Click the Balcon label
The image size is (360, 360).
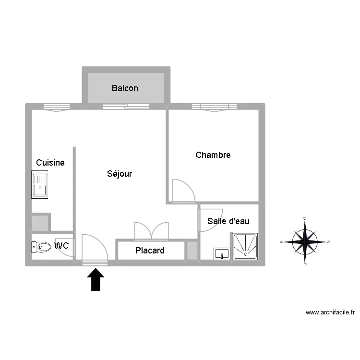tap(125, 88)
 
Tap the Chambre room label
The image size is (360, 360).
tap(213, 155)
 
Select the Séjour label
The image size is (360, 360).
tap(120, 174)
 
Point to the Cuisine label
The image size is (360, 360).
tap(50, 163)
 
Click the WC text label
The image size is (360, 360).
tap(61, 246)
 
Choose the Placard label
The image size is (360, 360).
tap(150, 251)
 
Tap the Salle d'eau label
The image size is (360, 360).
tap(228, 221)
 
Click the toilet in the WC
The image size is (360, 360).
tap(41, 247)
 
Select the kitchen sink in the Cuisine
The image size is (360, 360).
tap(39, 185)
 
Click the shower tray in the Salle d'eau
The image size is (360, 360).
tap(245, 247)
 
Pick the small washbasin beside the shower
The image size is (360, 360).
tap(222, 253)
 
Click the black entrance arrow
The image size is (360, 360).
tap(96, 279)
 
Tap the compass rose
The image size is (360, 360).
tap(305, 241)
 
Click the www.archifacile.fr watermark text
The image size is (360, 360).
tap(330, 312)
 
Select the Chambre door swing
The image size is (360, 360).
tap(182, 191)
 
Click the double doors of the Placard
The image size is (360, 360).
tap(151, 231)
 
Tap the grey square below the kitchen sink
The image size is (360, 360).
tap(40, 223)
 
